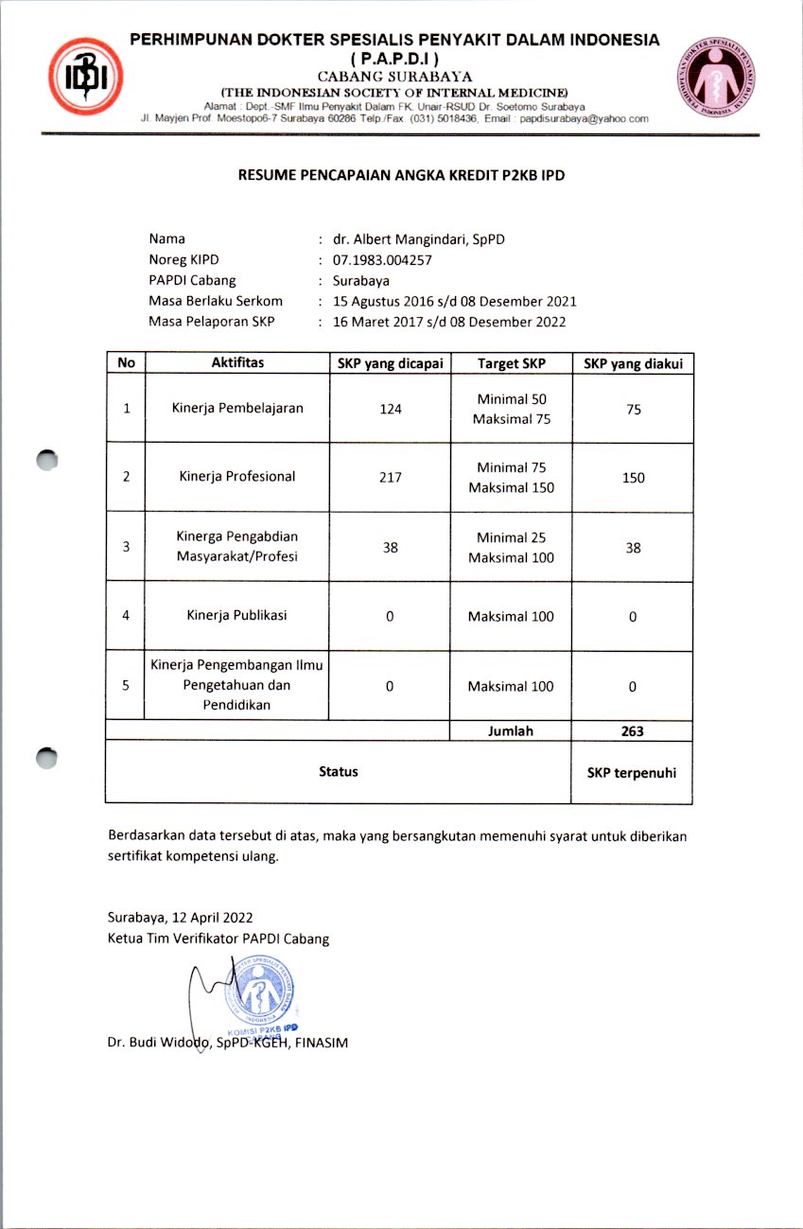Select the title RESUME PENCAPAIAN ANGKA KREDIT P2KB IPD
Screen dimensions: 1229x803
[402, 175]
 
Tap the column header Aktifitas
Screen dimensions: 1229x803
[237, 362]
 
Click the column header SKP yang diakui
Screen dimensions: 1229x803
[633, 363]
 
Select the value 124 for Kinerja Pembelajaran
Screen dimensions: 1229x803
[390, 409]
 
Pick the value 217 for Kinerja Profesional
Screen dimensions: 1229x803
[390, 477]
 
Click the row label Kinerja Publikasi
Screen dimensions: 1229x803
[236, 615]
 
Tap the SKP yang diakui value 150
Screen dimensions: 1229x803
[633, 478]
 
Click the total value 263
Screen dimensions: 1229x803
[632, 731]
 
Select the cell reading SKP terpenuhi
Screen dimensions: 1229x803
[632, 773]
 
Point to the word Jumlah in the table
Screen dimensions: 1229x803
[511, 730]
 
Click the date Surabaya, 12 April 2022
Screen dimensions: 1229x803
[180, 918]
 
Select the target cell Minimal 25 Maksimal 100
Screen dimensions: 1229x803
[511, 548]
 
